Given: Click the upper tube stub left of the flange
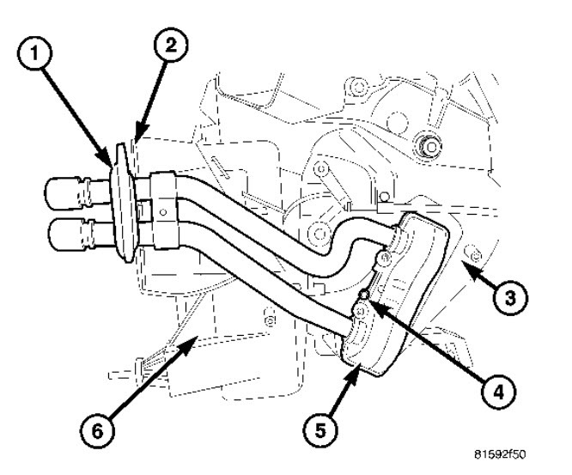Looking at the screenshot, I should (x=74, y=191).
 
